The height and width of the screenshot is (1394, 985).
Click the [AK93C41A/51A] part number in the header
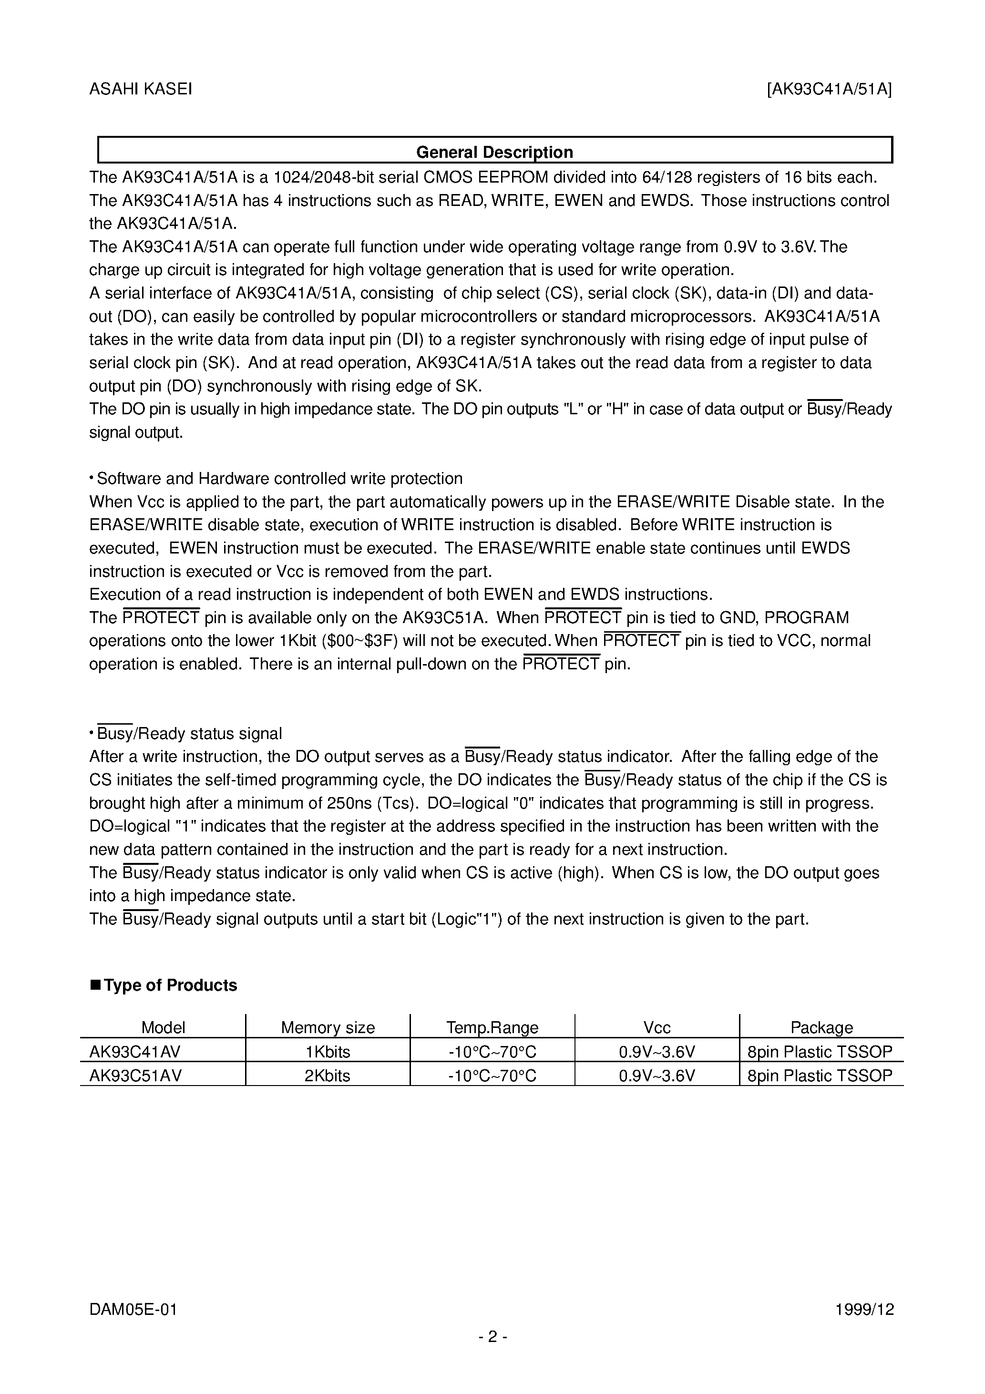(x=830, y=89)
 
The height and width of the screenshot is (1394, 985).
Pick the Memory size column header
(x=328, y=1027)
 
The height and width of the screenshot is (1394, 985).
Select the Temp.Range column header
(x=492, y=1027)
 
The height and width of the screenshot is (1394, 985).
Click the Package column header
(x=821, y=1027)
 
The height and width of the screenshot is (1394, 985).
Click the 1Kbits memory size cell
(x=328, y=1052)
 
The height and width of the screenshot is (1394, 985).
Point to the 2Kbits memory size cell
(x=328, y=1075)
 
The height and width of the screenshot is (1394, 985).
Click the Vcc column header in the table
(x=657, y=1027)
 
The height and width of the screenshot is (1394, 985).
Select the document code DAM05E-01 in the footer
(x=133, y=1309)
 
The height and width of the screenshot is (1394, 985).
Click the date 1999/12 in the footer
(x=865, y=1309)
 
